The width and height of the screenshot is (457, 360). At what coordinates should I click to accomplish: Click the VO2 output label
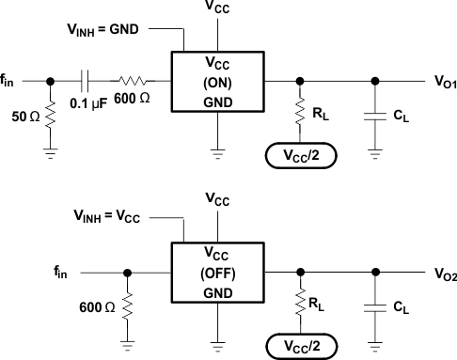coord(444,274)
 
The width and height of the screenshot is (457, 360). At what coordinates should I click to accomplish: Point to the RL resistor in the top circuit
coord(300,115)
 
